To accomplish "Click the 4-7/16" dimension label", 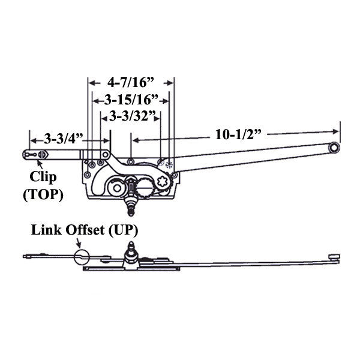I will pos(131,80).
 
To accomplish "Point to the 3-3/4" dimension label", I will pos(63,139).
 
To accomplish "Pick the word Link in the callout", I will pos(49,229).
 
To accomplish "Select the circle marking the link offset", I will pos(80,258).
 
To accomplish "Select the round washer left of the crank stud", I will pos(113,189).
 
